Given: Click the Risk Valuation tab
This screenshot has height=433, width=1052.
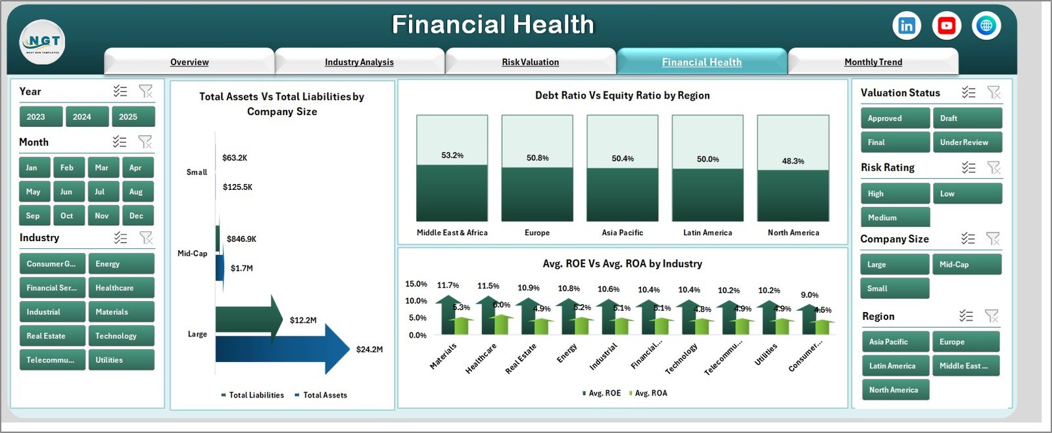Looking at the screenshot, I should click(530, 62).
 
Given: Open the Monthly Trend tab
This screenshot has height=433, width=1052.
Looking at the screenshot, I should click(873, 62).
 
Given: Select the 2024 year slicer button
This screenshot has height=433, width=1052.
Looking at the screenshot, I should click(82, 117).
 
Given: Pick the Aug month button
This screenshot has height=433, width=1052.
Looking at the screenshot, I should click(136, 192).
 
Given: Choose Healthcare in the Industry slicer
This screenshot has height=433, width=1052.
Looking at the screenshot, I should click(121, 288).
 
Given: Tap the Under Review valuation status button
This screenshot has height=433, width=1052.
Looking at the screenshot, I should click(967, 143).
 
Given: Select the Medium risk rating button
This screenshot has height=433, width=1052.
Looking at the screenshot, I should click(894, 217).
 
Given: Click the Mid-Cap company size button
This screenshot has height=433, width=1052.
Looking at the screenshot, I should click(966, 265).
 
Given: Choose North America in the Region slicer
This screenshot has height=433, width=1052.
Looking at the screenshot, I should click(894, 390).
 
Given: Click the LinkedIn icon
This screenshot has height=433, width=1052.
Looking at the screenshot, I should click(907, 26).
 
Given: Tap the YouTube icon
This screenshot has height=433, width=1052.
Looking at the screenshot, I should click(946, 26).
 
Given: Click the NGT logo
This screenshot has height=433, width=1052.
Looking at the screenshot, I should click(43, 41).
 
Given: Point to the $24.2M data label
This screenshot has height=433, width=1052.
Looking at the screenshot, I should click(369, 350).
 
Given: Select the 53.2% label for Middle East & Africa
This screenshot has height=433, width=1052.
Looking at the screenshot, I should click(452, 156).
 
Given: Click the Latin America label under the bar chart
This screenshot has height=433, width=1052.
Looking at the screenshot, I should click(707, 233).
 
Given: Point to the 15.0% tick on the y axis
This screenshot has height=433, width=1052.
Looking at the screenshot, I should click(416, 284).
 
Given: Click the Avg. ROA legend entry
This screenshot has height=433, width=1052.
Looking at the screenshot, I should click(650, 393).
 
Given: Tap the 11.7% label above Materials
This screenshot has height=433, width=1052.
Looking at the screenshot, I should click(448, 285).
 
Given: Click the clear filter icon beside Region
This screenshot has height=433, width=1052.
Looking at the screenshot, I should click(992, 316).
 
